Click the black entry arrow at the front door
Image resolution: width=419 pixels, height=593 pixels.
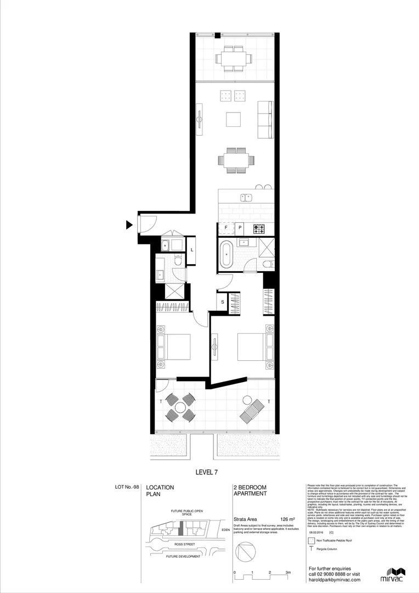(129, 224)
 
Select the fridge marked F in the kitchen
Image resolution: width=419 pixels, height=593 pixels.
(225, 228)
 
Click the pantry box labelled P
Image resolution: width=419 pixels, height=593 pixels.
(240, 228)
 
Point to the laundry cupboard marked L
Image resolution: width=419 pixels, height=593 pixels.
(191, 250)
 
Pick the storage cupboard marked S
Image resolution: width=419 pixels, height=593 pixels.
(223, 301)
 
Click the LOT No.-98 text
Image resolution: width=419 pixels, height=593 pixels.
(128, 487)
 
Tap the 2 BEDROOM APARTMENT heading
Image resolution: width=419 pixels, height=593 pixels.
(250, 490)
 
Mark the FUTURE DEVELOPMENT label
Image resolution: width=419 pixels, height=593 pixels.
(183, 556)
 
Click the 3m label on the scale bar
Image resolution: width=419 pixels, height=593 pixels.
(288, 572)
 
